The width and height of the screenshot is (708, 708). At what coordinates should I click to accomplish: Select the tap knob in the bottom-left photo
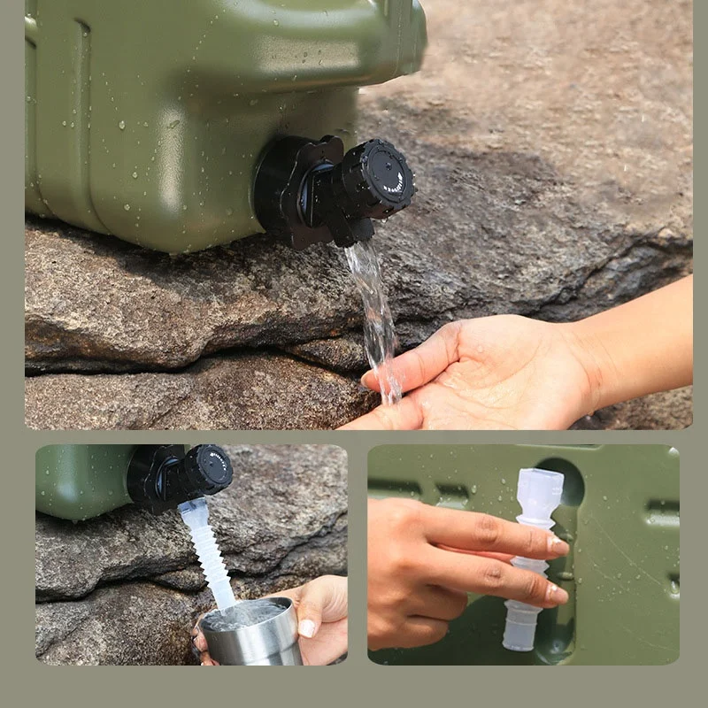[207, 469]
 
